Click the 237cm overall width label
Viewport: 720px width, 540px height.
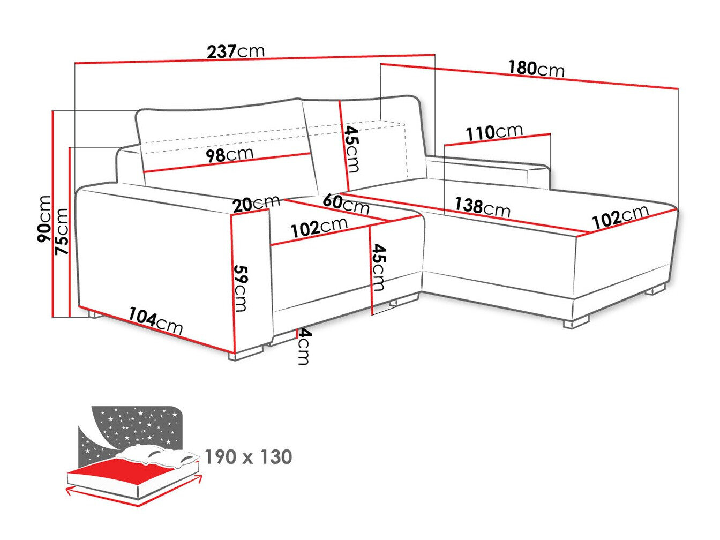click(236, 51)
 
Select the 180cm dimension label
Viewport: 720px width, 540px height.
click(536, 69)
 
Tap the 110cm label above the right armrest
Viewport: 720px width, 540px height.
click(493, 132)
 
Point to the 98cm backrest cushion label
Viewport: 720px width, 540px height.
click(230, 155)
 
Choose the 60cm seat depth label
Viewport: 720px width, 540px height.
click(346, 204)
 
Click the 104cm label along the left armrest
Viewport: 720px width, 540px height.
click(155, 321)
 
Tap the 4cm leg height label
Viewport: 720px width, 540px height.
click(304, 347)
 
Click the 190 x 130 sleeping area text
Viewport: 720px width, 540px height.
click(248, 457)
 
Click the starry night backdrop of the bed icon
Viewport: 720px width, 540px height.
click(134, 423)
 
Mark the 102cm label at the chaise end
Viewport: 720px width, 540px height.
click(620, 215)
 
